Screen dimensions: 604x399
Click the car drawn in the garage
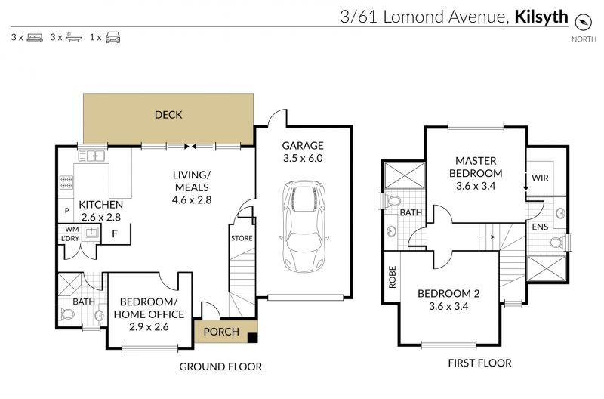[x=304, y=226]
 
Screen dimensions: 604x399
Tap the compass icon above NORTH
[x=583, y=22]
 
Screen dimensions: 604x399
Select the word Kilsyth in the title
[x=541, y=17]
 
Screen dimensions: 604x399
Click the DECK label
[x=168, y=115]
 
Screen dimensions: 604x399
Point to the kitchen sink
[x=91, y=156]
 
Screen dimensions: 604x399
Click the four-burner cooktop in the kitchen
[x=66, y=182]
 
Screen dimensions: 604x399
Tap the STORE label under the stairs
[x=242, y=238]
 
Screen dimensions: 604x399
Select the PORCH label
[x=221, y=332]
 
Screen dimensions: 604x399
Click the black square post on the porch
[x=252, y=338]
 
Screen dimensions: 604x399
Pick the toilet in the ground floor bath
[x=67, y=314]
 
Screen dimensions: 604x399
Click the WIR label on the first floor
[x=540, y=178]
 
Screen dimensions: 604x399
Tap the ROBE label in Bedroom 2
[x=392, y=277]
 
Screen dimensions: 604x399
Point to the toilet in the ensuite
[x=556, y=243]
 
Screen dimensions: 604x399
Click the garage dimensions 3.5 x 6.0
[x=303, y=158]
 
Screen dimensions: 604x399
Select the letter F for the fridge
[x=115, y=234]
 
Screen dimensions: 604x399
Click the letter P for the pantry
[x=66, y=211]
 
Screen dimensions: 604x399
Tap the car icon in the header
[x=112, y=37]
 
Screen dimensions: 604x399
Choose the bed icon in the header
[x=35, y=37]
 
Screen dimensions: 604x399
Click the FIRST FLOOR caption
[x=479, y=363]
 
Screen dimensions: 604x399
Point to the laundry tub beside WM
[x=91, y=233]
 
